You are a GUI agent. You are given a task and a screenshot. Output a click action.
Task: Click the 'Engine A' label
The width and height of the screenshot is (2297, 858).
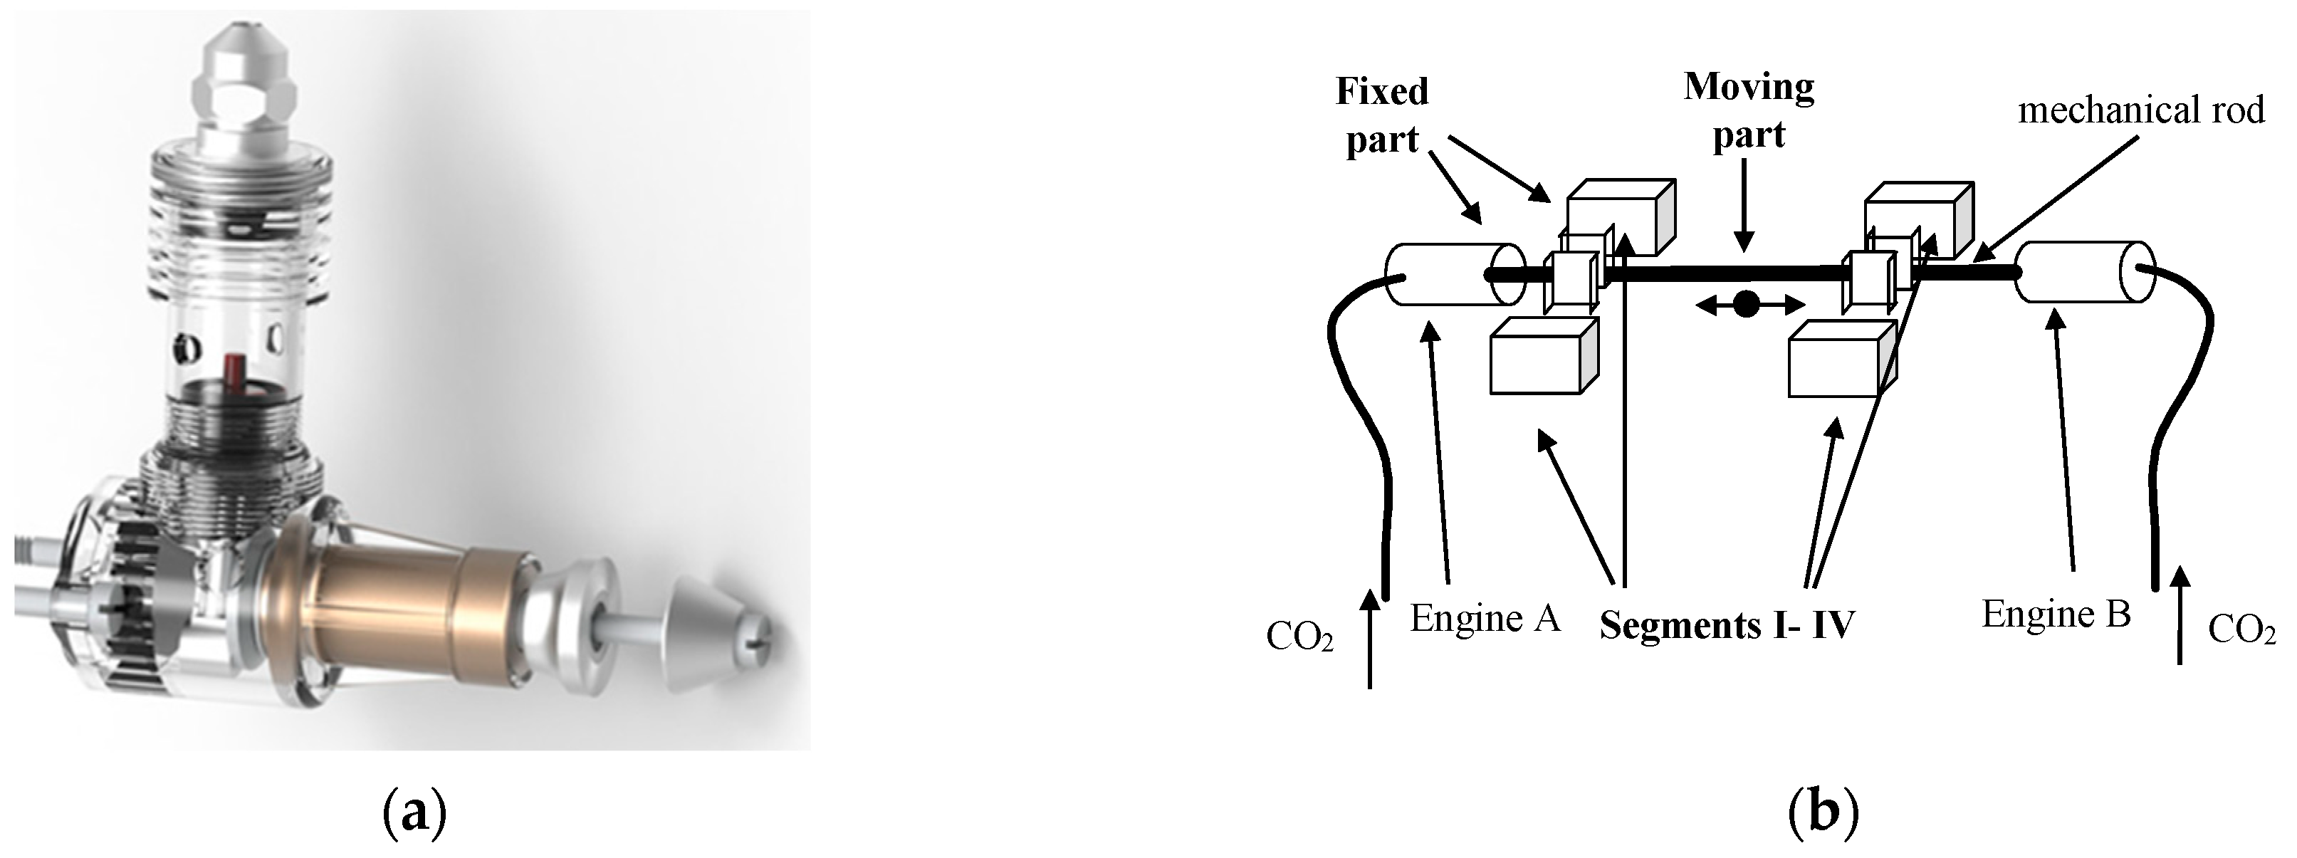coord(1485,618)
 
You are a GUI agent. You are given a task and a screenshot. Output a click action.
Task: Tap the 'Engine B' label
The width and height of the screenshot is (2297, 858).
coord(2056,614)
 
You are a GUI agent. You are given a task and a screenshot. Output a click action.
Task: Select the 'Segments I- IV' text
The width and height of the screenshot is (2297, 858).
coord(1727,625)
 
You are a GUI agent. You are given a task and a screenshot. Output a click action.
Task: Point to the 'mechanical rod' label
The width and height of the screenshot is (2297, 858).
coord(2141,110)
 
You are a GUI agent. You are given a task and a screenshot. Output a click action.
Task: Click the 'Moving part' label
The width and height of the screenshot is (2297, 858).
coord(1749,112)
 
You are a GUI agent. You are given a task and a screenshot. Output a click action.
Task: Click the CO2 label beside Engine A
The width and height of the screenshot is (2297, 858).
coord(1299,637)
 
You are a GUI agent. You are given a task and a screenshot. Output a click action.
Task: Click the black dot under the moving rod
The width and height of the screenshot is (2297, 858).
coord(1747,305)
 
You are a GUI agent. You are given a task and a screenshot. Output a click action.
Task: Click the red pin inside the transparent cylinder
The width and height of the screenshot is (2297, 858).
coord(234,367)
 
